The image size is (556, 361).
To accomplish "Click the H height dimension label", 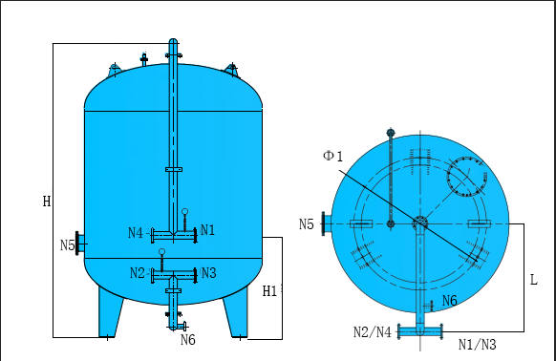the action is pos(47,202).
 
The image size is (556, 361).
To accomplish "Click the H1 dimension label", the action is pos(269,291).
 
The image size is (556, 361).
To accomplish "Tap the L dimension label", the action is pos(534,280).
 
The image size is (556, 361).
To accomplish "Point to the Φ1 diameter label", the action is pos(333,156).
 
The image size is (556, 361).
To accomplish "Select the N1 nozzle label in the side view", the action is pos(208,230).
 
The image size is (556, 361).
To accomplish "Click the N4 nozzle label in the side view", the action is pos(136,233).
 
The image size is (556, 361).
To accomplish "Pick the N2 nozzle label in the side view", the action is pos(138,273).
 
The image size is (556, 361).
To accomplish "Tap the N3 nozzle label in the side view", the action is pos(209,273).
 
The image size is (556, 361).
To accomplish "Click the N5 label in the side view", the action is pos(68,245).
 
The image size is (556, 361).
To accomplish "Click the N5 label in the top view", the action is pos(307,224).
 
